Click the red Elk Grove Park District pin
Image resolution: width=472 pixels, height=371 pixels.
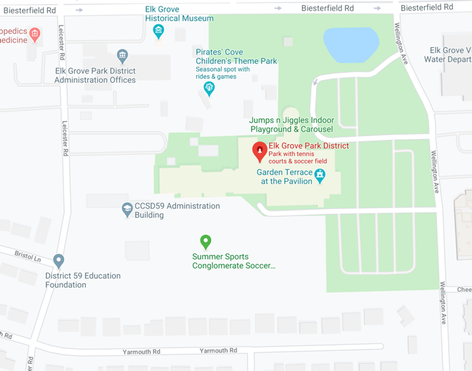tap(260, 151)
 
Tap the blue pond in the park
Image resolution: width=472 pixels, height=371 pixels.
tap(351, 44)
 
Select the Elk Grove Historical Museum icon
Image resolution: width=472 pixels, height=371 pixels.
tap(159, 31)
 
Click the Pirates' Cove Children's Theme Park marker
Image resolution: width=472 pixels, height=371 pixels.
tap(209, 88)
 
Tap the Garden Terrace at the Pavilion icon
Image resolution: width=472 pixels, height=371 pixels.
tap(319, 175)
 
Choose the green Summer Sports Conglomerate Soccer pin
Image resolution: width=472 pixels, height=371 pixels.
tap(206, 241)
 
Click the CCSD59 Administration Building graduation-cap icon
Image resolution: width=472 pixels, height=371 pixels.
tap(127, 209)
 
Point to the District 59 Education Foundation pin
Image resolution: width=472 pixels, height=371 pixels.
tap(58, 261)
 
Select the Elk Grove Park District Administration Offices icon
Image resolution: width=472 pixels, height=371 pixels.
tap(122, 56)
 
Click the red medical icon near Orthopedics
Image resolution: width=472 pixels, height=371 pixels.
tap(35, 34)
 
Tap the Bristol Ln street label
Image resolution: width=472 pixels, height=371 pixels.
tap(28, 256)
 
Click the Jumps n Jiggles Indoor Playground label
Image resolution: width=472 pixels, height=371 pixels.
tap(291, 125)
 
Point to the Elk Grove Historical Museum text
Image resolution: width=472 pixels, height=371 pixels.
tap(179, 14)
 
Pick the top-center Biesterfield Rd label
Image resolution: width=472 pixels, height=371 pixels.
tap(327, 8)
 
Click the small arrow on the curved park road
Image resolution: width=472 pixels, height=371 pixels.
tap(315, 82)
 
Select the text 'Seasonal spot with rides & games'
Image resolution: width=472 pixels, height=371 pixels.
tap(223, 73)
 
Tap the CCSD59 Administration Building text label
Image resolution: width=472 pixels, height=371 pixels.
tap(177, 210)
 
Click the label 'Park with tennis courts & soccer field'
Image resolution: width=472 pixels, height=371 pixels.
tap(297, 158)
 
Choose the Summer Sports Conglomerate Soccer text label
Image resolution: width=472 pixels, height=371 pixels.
tap(233, 261)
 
